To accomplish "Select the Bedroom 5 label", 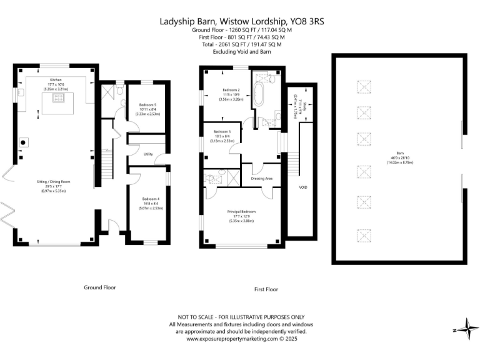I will pos(147,105).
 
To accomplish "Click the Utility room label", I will pos(147,153).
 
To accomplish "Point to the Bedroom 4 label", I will pos(147,199).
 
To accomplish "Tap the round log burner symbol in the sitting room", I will pos(24,142).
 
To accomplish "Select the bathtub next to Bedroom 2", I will pos(258,96).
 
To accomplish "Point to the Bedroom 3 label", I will pos(222,132).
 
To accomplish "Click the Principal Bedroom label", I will pos(241,212).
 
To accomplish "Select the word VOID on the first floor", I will pos(302,187).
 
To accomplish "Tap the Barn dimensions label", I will pos(399,156).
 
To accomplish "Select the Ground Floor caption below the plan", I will pos(99,287).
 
